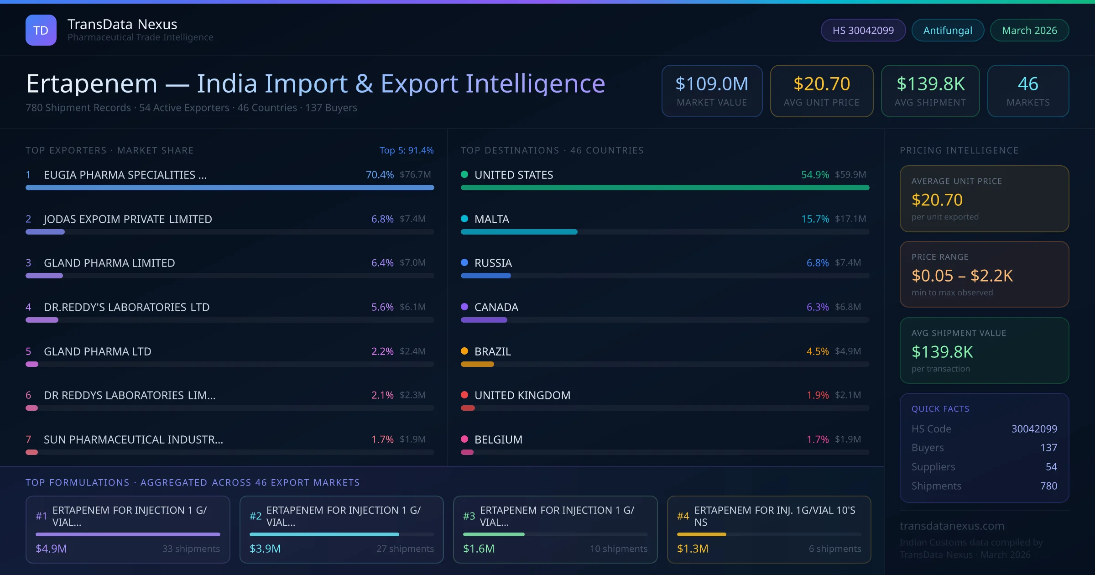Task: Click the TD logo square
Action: coord(41,30)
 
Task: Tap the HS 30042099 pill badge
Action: coord(863,30)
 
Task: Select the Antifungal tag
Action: coord(948,30)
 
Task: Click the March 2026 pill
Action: coord(1029,30)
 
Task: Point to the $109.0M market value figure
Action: coord(712,84)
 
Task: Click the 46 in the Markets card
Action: coord(1028,84)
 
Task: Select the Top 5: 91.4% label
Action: coord(406,150)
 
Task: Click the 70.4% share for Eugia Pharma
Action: coord(380,175)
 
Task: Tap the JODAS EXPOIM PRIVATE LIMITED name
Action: coord(128,219)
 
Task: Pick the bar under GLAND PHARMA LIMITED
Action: coord(44,276)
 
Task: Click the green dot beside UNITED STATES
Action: coord(464,174)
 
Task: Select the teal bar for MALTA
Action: coord(519,232)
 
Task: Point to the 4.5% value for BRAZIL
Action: coord(817,351)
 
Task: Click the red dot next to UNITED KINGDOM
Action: coord(464,395)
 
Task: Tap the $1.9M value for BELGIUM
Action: coord(848,439)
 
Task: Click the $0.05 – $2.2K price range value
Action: coord(962,276)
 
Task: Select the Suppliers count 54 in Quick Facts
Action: coord(1051,467)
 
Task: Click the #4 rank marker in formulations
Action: coord(683,516)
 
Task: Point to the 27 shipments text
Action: coord(405,549)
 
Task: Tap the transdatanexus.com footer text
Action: coord(952,526)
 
